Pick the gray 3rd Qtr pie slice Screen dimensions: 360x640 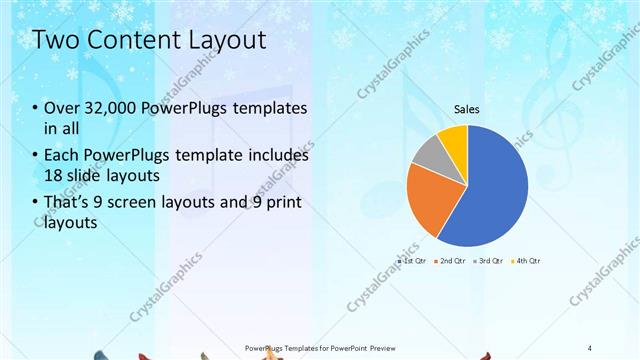click(429, 155)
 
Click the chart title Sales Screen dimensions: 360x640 click(467, 109)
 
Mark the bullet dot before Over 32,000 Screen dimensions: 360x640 click(36, 109)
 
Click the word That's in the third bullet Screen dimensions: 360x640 click(69, 204)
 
